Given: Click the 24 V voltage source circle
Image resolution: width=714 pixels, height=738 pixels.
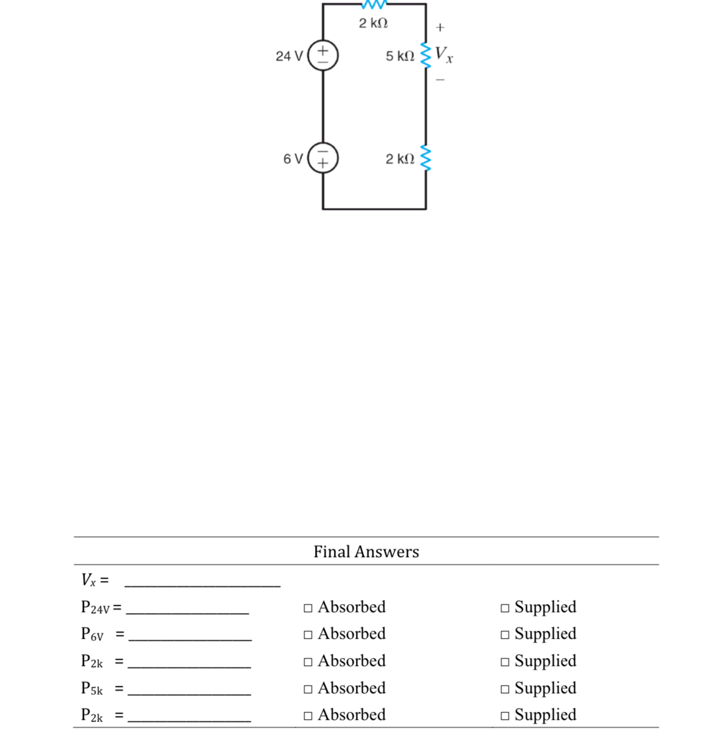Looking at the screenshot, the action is coord(308,55).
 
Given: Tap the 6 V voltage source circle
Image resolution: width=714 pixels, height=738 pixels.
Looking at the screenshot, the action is coord(308,157).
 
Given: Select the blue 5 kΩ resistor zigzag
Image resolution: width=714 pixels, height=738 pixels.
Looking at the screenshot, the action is coord(426,56).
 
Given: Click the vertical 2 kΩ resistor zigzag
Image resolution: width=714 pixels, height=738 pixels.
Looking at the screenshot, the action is coord(426,158).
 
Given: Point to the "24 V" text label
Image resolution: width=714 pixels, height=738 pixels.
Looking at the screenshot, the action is coord(289,56).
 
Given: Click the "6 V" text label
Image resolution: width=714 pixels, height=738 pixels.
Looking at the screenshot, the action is coord(293,158).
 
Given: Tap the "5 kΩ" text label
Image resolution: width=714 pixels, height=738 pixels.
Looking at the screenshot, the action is coord(400,56).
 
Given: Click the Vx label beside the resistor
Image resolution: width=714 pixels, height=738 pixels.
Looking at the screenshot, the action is coord(443,54).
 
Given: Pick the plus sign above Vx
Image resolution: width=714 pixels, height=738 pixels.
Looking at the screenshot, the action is coord(440,27).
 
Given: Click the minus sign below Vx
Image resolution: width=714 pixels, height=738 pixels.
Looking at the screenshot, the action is coord(440,79).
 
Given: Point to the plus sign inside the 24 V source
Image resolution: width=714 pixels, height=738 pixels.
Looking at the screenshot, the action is coord(322,50).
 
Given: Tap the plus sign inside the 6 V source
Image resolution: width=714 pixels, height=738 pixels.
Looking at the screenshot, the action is coord(322,163).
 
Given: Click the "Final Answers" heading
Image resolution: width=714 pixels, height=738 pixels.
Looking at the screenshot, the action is coord(366,551).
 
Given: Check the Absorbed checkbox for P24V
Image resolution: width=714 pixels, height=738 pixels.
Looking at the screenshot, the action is coord(308,608).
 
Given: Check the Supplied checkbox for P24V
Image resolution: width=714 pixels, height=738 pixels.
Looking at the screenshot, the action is coord(505,608).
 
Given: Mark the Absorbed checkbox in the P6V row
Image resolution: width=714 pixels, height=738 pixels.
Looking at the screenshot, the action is coord(308,635).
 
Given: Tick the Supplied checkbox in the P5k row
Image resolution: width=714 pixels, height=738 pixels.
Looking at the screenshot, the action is coord(505,689).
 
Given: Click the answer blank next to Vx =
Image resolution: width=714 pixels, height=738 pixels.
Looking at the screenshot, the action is coord(203,587).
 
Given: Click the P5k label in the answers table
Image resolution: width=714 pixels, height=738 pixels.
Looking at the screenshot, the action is coord(92,688).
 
